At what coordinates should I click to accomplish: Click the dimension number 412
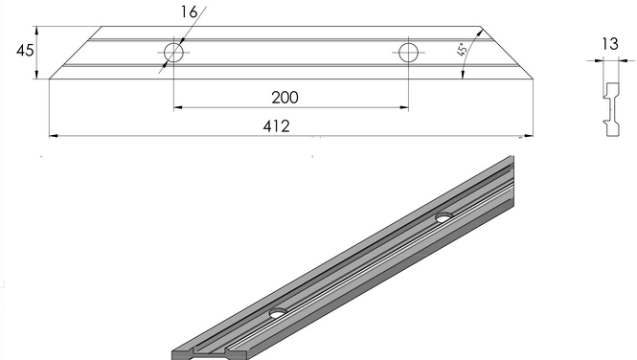(276, 126)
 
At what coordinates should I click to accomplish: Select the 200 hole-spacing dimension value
(284, 98)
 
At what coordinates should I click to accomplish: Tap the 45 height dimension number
(25, 51)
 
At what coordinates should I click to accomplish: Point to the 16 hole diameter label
(189, 12)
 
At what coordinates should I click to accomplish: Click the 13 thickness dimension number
(610, 44)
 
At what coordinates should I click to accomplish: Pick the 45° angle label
(462, 50)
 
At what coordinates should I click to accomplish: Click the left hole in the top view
(173, 53)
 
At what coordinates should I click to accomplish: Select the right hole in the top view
(408, 53)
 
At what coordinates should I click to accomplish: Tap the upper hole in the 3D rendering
(444, 217)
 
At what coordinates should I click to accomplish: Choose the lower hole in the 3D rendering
(279, 313)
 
